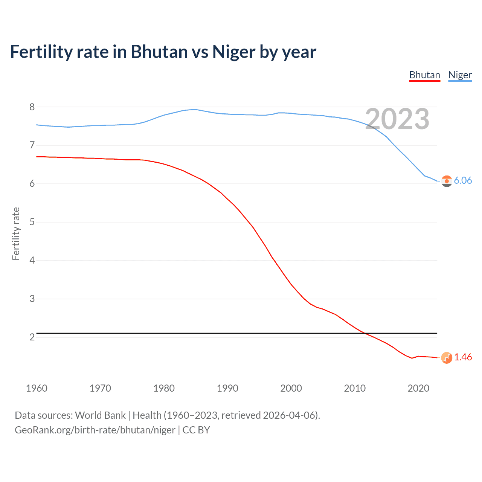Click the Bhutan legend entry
(x=424, y=75)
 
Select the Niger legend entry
(x=460, y=75)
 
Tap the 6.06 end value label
(x=463, y=180)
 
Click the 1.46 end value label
(x=463, y=357)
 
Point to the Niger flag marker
(x=447, y=181)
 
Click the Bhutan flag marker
(x=447, y=358)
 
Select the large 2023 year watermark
(x=397, y=119)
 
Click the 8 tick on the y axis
(x=32, y=107)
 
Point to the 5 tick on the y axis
(x=32, y=222)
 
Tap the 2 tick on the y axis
(x=32, y=337)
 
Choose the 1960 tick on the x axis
(x=37, y=388)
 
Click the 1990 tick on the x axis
(x=227, y=388)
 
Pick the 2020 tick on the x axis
(x=418, y=388)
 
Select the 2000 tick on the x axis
(x=291, y=388)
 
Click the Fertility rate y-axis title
(x=16, y=233)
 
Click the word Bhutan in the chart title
(x=159, y=52)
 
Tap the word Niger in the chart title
(x=233, y=52)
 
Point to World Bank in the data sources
(x=100, y=415)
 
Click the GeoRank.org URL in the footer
(x=95, y=430)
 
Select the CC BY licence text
(x=196, y=430)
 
